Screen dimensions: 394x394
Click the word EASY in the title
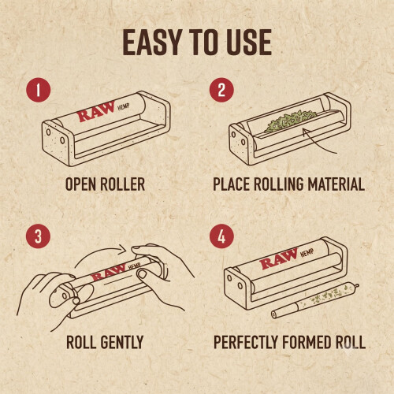152,43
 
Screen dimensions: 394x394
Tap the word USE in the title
247,43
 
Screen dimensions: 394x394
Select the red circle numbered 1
39,90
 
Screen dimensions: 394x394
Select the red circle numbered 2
221,90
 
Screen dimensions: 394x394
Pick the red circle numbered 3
39,236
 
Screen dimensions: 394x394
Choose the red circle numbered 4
221,236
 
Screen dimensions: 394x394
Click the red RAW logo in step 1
96,112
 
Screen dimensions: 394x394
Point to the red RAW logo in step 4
279,259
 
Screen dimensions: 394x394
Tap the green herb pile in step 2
290,120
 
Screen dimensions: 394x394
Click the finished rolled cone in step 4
315,300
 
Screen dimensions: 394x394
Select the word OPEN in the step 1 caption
80,184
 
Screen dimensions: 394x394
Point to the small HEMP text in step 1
124,107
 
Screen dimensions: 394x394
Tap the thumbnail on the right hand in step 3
142,274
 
